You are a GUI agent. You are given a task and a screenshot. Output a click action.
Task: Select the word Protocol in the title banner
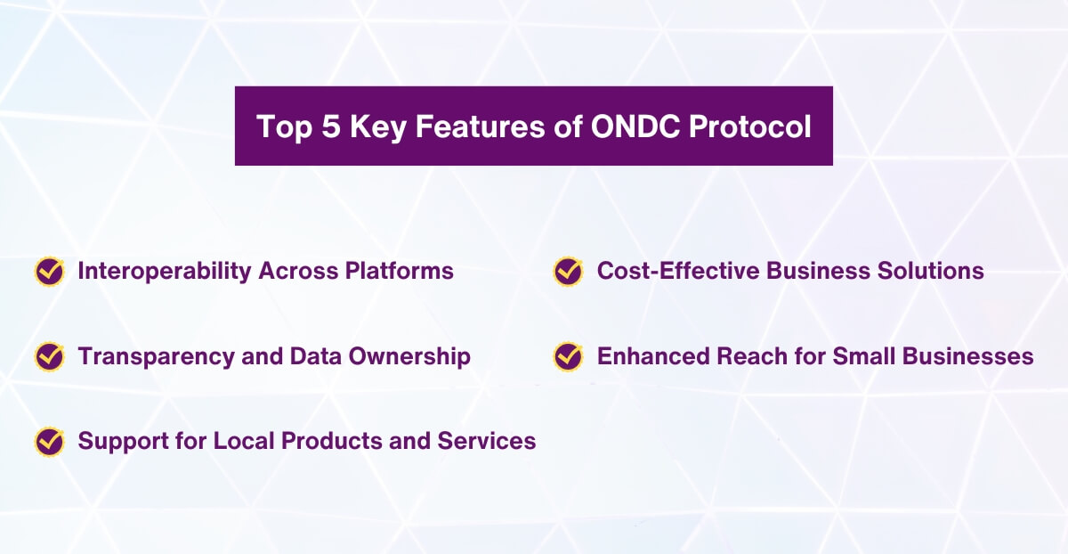751,126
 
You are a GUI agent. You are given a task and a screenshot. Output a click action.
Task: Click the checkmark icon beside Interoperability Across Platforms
50,272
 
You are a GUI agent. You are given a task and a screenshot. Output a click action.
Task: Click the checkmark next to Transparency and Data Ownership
50,357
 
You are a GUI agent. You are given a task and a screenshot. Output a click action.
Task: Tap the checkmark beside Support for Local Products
50,442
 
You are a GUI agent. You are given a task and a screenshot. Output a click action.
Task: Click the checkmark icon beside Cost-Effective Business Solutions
569,272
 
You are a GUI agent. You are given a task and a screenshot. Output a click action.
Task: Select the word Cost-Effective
668,271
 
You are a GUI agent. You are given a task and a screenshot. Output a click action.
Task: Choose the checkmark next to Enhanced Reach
569,357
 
